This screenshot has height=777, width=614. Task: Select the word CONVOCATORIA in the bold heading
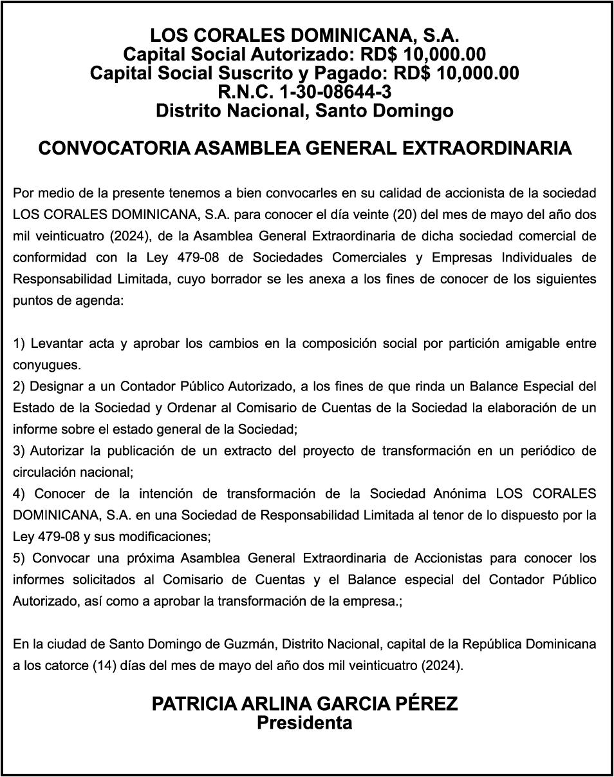pyautogui.click(x=113, y=148)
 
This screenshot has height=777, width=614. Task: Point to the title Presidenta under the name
pyautogui.click(x=304, y=723)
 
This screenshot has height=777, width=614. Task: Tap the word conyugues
pyautogui.click(x=47, y=365)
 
